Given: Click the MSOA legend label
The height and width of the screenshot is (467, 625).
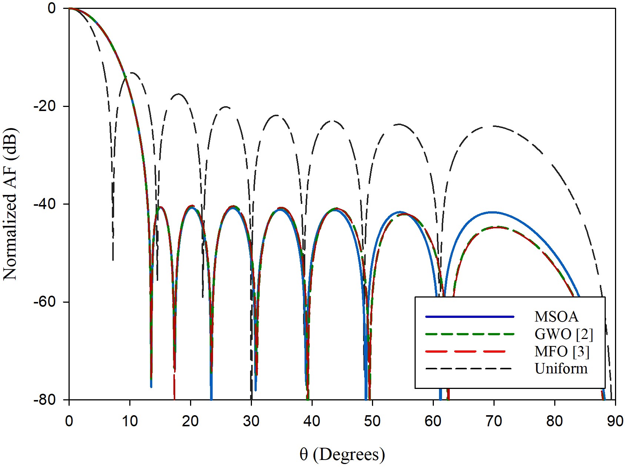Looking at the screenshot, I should click(556, 317).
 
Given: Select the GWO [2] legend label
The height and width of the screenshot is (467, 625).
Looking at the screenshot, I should click(564, 334).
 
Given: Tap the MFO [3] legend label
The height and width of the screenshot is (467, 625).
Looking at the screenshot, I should click(562, 351).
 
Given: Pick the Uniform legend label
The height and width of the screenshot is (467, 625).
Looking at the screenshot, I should click(561, 369).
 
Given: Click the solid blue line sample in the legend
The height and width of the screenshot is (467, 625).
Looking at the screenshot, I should click(470, 317).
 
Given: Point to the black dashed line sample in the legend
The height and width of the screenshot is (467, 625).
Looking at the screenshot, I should click(470, 369).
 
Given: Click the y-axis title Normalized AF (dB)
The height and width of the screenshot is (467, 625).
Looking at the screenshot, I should click(10, 204).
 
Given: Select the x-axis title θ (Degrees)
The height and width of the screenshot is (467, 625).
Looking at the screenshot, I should click(342, 454).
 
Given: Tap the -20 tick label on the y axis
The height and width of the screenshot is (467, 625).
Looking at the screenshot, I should click(44, 106).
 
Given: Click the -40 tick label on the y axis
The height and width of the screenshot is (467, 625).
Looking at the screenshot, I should click(44, 204).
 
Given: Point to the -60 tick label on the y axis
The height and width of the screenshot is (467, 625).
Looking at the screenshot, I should click(44, 302).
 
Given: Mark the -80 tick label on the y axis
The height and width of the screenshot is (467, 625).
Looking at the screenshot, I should click(44, 400).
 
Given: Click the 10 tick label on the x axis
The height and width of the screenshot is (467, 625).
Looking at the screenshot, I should click(130, 421).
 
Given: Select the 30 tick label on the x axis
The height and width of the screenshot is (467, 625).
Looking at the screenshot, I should click(251, 421).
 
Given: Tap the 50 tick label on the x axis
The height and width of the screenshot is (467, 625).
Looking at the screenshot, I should click(372, 421).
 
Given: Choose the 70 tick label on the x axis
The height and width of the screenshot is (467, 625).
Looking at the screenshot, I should click(494, 421).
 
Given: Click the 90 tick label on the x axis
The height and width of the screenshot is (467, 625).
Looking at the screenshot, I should click(615, 421).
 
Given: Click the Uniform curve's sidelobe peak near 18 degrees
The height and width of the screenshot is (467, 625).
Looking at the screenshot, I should click(179, 94).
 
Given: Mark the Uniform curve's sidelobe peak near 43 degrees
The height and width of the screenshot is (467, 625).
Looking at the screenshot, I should click(332, 121).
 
